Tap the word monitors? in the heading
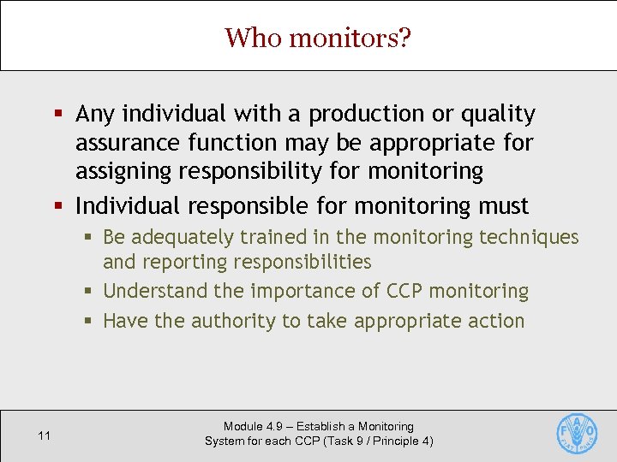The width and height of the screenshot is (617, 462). pyautogui.click(x=350, y=38)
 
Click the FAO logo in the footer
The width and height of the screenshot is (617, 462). pyautogui.click(x=577, y=433)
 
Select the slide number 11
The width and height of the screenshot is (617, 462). pyautogui.click(x=45, y=436)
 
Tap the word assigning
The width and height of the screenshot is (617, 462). pyautogui.click(x=123, y=172)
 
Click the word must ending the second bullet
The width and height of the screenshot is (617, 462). pyautogui.click(x=503, y=206)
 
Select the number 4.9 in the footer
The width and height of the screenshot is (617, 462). pyautogui.click(x=273, y=426)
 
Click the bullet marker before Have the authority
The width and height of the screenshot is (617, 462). pyautogui.click(x=87, y=322)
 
